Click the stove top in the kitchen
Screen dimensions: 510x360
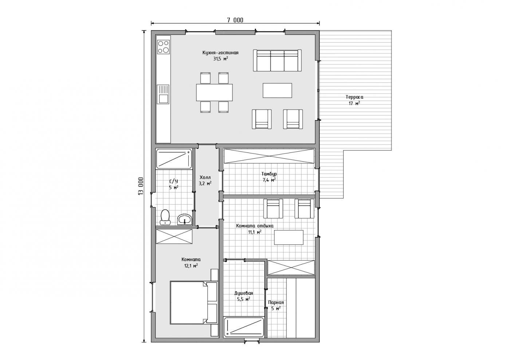point(164,47)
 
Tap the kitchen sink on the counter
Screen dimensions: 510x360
point(164,94)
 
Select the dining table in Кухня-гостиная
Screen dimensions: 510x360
point(215,92)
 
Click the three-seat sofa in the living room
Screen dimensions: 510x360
point(277,60)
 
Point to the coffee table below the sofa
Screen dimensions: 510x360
point(277,90)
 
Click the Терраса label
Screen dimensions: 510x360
point(354,97)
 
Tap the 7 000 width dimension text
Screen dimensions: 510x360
point(235,20)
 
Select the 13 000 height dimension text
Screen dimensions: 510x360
point(141,186)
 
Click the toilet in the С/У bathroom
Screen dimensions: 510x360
point(165,217)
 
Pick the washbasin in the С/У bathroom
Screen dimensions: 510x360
point(185,219)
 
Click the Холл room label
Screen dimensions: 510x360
point(205,177)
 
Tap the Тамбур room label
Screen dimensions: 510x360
point(269,174)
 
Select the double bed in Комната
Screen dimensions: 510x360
point(194,302)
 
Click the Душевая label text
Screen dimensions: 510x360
point(244,293)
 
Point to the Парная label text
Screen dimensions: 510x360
point(276,302)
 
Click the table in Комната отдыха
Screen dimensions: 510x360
point(289,237)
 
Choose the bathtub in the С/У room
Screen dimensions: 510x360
point(174,159)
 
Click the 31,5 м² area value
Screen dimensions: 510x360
point(221,59)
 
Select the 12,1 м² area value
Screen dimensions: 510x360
point(191,266)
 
